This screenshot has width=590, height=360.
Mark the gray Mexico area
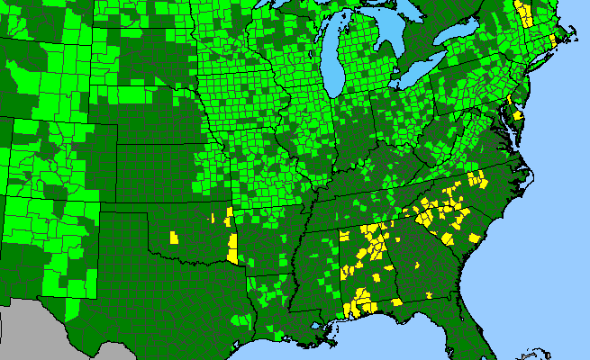pos(27,333)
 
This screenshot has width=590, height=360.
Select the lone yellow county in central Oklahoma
pos(173,238)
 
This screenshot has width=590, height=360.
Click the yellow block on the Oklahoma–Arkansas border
pos(233,247)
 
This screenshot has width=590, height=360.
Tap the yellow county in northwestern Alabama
pos(343,236)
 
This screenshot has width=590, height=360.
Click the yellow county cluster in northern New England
pos(523,13)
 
